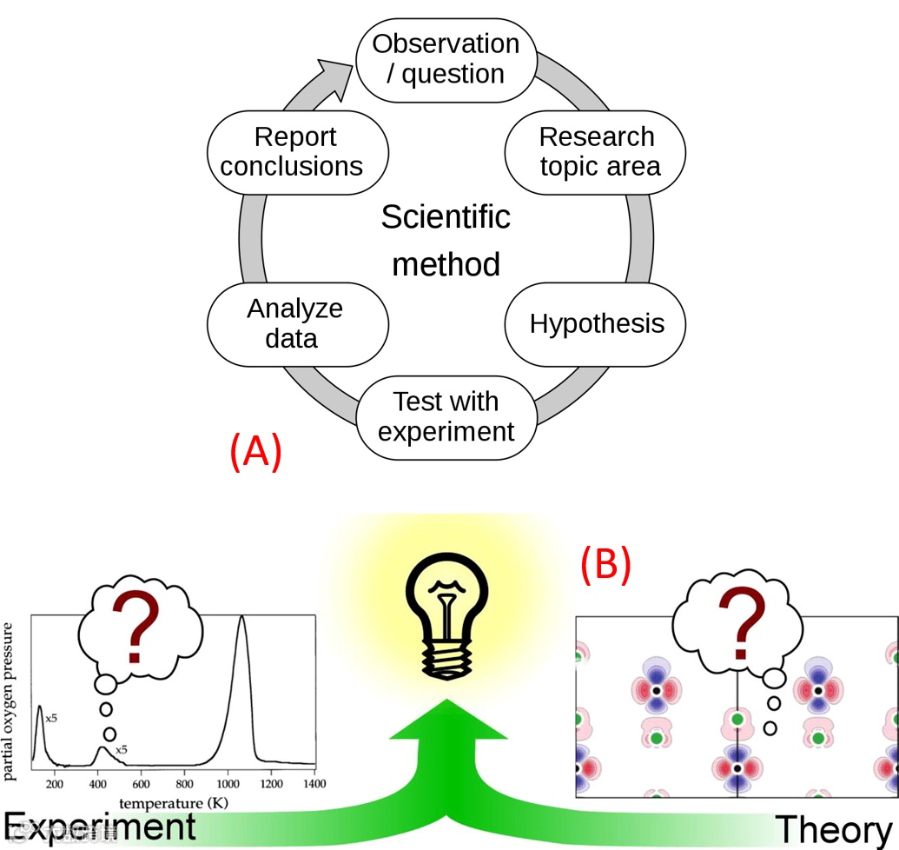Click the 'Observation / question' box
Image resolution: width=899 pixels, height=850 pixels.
[x=446, y=59]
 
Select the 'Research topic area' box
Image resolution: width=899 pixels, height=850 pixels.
[x=596, y=151]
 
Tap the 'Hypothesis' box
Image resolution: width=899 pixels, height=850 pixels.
[x=596, y=324]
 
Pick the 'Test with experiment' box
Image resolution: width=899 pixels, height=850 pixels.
[x=446, y=416]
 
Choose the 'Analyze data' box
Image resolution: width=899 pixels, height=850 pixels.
[x=294, y=323]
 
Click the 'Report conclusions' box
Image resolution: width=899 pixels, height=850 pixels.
[x=294, y=151]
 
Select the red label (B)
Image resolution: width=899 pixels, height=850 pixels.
[x=605, y=564]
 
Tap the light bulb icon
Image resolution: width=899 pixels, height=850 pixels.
[x=446, y=621]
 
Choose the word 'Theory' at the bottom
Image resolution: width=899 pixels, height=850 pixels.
[x=833, y=829]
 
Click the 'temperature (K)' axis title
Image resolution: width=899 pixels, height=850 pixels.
[x=174, y=802]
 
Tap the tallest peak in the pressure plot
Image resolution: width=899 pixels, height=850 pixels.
[x=241, y=619]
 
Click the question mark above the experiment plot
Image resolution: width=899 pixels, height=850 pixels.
[x=135, y=628]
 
